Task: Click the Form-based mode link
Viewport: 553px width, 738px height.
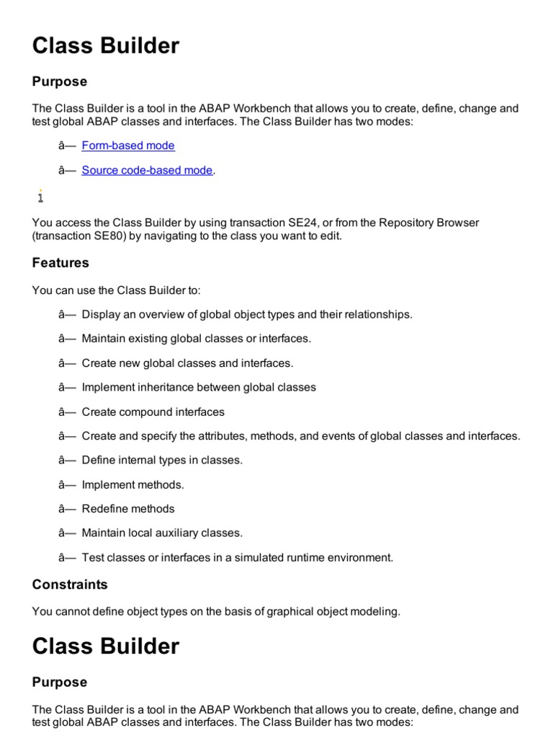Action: pyautogui.click(x=128, y=146)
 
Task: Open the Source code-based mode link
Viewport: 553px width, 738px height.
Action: pyautogui.click(x=147, y=170)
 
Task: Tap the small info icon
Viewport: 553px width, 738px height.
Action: pyautogui.click(x=40, y=196)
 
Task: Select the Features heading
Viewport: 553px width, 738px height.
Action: pyautogui.click(x=60, y=263)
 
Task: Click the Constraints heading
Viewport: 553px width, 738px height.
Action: pyautogui.click(x=70, y=584)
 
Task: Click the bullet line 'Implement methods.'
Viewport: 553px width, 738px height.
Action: pyautogui.click(x=133, y=485)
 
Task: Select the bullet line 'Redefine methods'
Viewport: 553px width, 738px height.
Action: pyautogui.click(x=128, y=509)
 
